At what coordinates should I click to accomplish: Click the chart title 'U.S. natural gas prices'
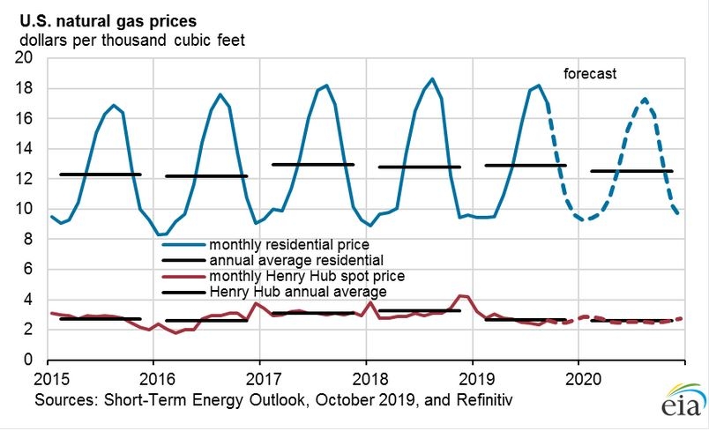pos(108,21)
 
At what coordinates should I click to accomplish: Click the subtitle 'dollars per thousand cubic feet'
pos(132,41)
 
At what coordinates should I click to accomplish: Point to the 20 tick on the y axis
pos(24,58)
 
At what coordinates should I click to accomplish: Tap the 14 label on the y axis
pos(24,148)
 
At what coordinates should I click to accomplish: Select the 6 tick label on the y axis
pos(28,269)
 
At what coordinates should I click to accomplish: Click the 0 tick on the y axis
pos(28,360)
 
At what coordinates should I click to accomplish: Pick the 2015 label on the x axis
pos(51,379)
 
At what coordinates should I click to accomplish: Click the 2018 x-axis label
pos(370,379)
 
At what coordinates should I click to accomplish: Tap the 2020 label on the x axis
pos(583,379)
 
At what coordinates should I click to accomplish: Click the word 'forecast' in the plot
pos(590,74)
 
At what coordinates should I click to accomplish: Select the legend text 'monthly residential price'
pos(289,245)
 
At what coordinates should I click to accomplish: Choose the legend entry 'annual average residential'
pos(296,260)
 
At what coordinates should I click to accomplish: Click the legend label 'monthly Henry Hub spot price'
pos(307,276)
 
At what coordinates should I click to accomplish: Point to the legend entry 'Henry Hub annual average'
pos(298,292)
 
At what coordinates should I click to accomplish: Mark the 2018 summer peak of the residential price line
pos(432,79)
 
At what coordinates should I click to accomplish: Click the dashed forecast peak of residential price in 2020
pos(645,99)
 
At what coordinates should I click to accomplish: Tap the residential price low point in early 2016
pos(161,234)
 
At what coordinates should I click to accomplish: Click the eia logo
pos(683,399)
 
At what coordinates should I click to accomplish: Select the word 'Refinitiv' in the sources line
pos(485,400)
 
